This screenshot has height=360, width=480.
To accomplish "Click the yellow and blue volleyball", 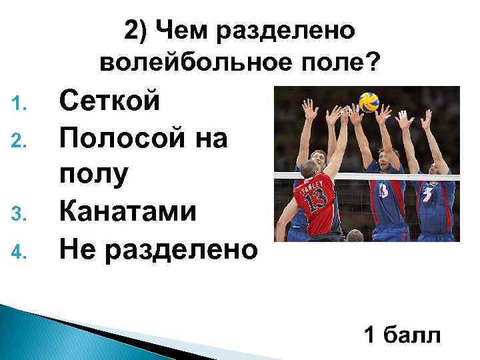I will click(x=369, y=102).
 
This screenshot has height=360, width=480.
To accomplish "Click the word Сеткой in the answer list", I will click(x=110, y=103).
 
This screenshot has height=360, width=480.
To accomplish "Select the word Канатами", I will click(x=128, y=213).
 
